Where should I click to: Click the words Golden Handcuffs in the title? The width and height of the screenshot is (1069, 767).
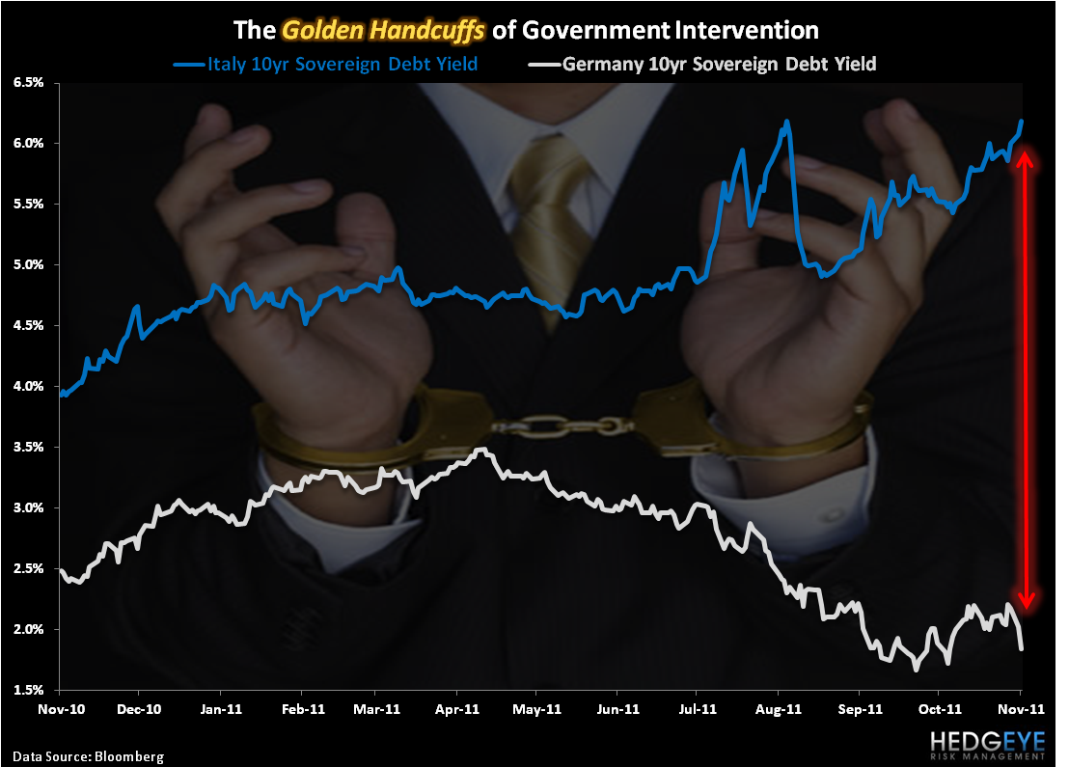[390, 30]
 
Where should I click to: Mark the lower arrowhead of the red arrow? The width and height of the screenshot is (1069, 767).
[1028, 601]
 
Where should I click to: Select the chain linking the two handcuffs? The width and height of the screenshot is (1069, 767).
[559, 425]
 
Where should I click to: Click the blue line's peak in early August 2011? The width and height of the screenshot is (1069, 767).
[787, 122]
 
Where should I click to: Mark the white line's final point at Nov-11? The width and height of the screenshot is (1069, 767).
[1022, 648]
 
